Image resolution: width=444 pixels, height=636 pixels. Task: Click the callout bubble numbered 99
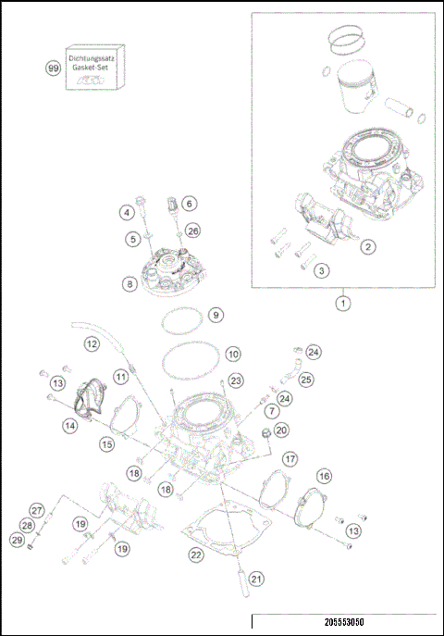[x=54, y=67]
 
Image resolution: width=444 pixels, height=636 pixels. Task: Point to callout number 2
[x=367, y=246]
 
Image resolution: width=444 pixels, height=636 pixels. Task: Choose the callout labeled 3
[x=320, y=270]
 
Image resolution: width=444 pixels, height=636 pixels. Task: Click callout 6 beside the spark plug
[x=189, y=203]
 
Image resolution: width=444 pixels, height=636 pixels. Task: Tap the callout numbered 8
[x=129, y=284]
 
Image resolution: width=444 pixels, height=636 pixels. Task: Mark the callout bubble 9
[x=215, y=316]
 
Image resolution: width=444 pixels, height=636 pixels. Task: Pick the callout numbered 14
[x=69, y=425]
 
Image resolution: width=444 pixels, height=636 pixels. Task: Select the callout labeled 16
[x=324, y=475]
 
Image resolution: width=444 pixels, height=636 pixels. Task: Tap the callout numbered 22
[x=195, y=555]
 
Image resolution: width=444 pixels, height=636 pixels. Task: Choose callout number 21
[x=256, y=580]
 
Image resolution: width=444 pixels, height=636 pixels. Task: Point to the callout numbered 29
[x=16, y=540]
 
